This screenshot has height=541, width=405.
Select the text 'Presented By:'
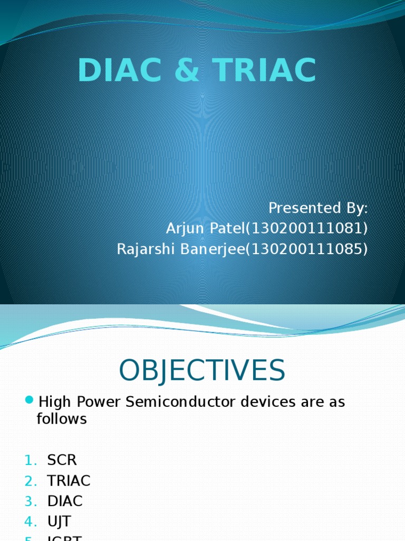tap(318, 208)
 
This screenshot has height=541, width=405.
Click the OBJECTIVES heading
tap(202, 370)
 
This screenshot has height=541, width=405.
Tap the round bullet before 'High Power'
tap(30, 399)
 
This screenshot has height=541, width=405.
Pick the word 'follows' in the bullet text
tap(61, 419)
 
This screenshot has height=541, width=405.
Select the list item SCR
tap(62, 460)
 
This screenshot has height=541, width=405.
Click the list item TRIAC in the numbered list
tap(69, 481)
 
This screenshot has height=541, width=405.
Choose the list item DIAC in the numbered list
tap(65, 501)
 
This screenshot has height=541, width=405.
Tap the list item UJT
tap(60, 522)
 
